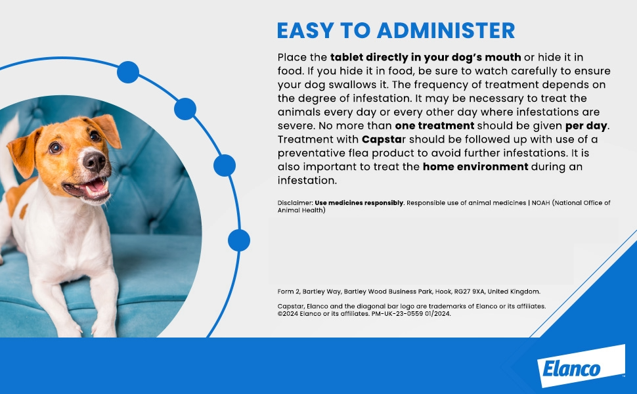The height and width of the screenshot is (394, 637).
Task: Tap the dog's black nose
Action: click(94, 160)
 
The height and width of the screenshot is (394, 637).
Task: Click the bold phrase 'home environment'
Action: click(475, 166)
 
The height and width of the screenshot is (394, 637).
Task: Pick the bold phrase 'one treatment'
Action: click(434, 125)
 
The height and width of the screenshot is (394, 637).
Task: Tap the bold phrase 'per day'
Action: click(586, 125)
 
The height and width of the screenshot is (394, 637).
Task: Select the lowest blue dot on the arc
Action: click(238, 240)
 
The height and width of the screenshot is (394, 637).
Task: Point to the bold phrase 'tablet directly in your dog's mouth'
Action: click(426, 57)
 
